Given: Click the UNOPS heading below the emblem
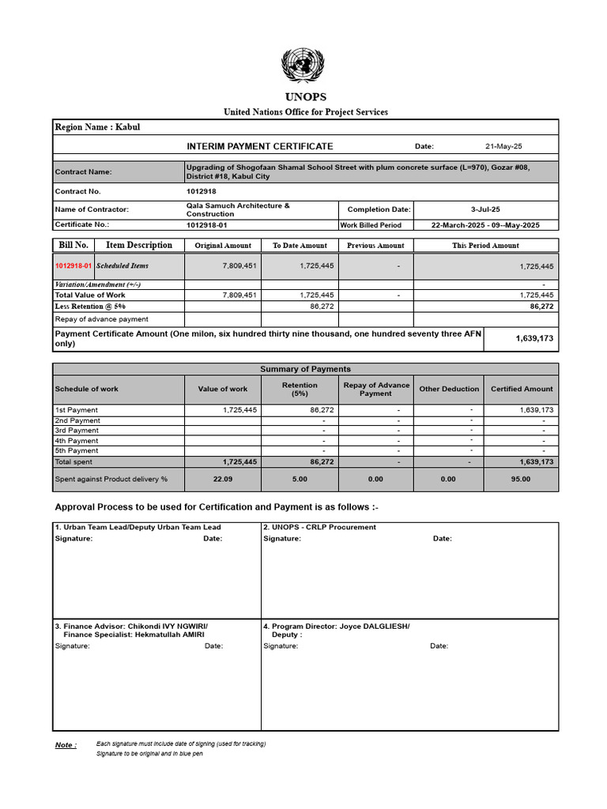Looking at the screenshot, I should pyautogui.click(x=305, y=97).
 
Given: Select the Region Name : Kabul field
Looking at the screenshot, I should pyautogui.click(x=97, y=127).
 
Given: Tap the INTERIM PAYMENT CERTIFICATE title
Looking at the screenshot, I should pyautogui.click(x=260, y=146).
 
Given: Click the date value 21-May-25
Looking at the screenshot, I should pyautogui.click(x=503, y=146).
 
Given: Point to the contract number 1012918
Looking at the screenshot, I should pyautogui.click(x=201, y=191).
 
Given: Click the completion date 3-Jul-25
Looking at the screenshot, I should pyautogui.click(x=485, y=209).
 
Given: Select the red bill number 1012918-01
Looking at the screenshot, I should pyautogui.click(x=74, y=266).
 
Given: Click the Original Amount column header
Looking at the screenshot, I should pyautogui.click(x=223, y=246).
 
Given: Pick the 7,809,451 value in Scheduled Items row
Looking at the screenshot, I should pyautogui.click(x=239, y=267).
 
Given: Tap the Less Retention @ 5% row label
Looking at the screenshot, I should pyautogui.click(x=90, y=306).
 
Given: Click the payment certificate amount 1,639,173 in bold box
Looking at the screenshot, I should pyautogui.click(x=534, y=338).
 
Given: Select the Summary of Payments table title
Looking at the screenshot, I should pyautogui.click(x=305, y=369).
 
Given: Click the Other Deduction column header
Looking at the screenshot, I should pyautogui.click(x=449, y=389).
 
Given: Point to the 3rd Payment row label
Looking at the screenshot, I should pyautogui.click(x=77, y=431).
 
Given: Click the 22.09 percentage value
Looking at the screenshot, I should pyautogui.click(x=223, y=479).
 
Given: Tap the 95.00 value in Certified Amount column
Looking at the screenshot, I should pyautogui.click(x=521, y=479).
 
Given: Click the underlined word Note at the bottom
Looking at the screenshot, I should pyautogui.click(x=66, y=745).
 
